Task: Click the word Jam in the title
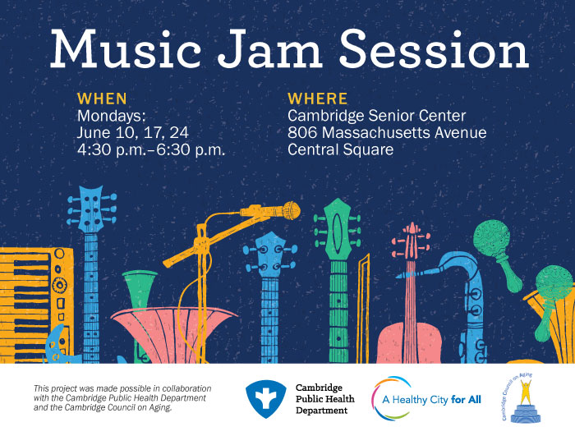point(269,48)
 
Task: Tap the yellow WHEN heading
point(102,99)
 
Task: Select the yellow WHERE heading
point(318,99)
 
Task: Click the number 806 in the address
point(302,132)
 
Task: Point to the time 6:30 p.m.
point(191,149)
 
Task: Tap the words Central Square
point(340,149)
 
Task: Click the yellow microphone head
point(291,210)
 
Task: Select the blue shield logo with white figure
point(266,399)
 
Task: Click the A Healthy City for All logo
point(426,398)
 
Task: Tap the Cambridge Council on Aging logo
point(521,397)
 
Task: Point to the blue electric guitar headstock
point(92,209)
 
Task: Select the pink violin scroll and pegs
point(411,241)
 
